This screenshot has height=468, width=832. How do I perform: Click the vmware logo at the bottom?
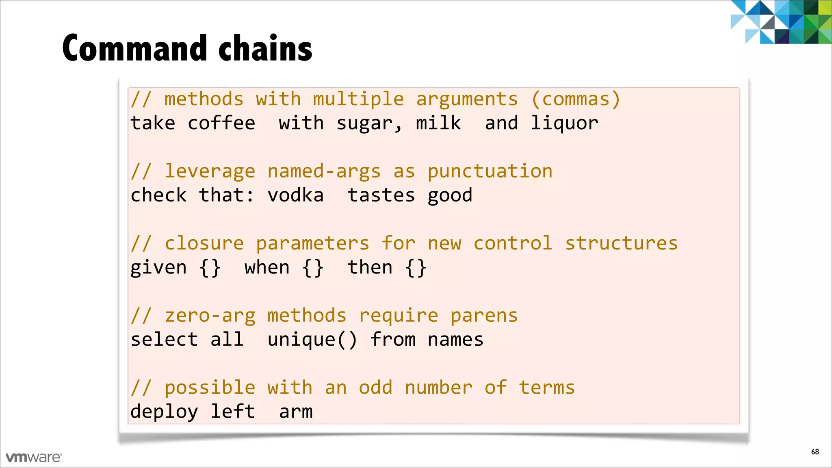34,457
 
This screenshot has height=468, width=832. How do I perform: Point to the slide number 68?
815,452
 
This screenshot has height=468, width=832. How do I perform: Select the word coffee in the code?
221,123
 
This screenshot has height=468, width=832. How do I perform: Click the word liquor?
565,123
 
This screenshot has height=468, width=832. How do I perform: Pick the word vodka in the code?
296,195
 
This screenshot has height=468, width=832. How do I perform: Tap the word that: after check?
227,195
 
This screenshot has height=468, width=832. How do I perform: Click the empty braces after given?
210,268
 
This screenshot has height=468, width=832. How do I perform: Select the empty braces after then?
416,268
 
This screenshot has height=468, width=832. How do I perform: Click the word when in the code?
267,268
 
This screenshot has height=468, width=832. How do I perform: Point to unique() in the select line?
312,340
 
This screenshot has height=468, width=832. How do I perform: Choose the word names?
455,340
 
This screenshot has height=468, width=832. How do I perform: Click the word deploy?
164,412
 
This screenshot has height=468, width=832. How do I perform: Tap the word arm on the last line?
296,412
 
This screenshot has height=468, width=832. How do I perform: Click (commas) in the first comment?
576,100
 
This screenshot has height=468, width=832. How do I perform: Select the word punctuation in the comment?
490,171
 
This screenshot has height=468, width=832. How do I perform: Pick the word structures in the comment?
622,244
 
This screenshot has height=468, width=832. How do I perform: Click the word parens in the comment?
484,316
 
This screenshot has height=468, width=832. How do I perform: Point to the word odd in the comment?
376,388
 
